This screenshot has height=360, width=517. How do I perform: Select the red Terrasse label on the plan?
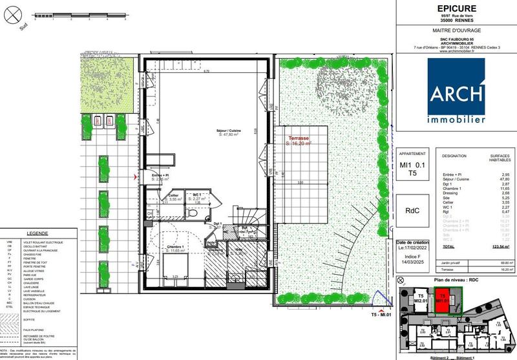click(x=299, y=139)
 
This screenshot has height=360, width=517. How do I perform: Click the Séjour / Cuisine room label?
click(x=231, y=131)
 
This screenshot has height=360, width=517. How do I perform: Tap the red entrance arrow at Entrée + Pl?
click(x=135, y=176)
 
